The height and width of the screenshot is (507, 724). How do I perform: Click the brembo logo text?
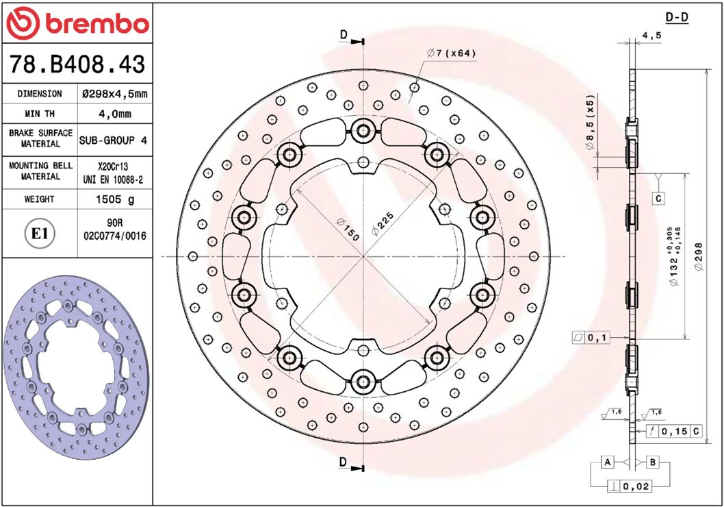[x=96, y=24]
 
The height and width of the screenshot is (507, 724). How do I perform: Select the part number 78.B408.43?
[x=77, y=64]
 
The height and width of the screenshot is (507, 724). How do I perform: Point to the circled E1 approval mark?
[x=40, y=234]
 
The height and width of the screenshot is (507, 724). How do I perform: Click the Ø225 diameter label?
[x=383, y=223]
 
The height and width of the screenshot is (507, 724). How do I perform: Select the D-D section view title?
[x=677, y=17]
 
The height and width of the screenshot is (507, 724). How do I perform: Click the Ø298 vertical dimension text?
[x=697, y=256]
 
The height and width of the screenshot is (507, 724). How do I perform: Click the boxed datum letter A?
[x=607, y=462]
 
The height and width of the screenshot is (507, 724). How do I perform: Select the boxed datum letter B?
[x=653, y=462]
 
